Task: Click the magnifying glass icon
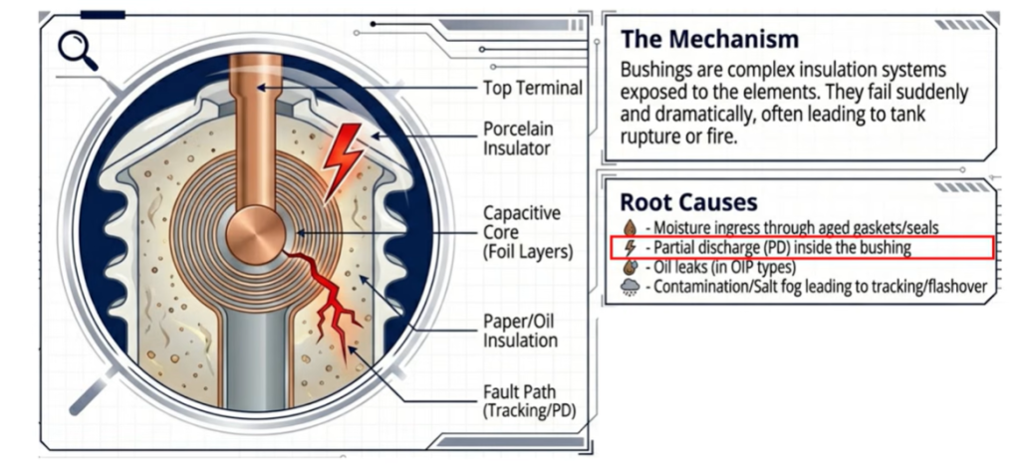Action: [77, 50]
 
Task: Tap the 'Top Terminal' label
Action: [532, 88]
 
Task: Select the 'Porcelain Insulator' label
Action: [518, 140]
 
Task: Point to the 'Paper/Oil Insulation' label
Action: [519, 329]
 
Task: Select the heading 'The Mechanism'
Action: [708, 40]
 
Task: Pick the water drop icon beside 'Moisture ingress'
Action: [629, 228]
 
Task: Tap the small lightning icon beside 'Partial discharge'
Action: [629, 247]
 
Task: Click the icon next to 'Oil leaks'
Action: [629, 267]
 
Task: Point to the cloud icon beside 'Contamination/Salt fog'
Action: [630, 287]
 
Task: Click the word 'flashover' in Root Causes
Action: [949, 287]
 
